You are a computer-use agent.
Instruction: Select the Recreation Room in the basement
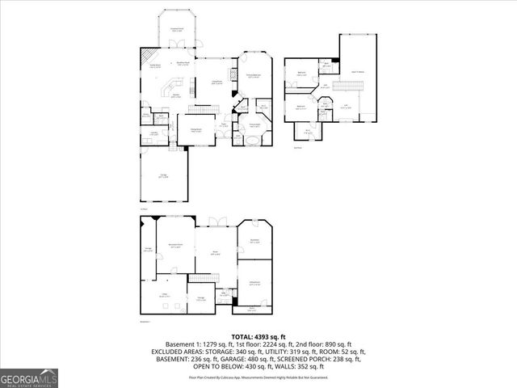coord(174,247)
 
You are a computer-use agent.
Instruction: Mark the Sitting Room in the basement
coord(254,282)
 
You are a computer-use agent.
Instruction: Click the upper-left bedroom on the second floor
coord(301,74)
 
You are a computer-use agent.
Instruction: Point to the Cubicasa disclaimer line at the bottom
coord(258,377)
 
